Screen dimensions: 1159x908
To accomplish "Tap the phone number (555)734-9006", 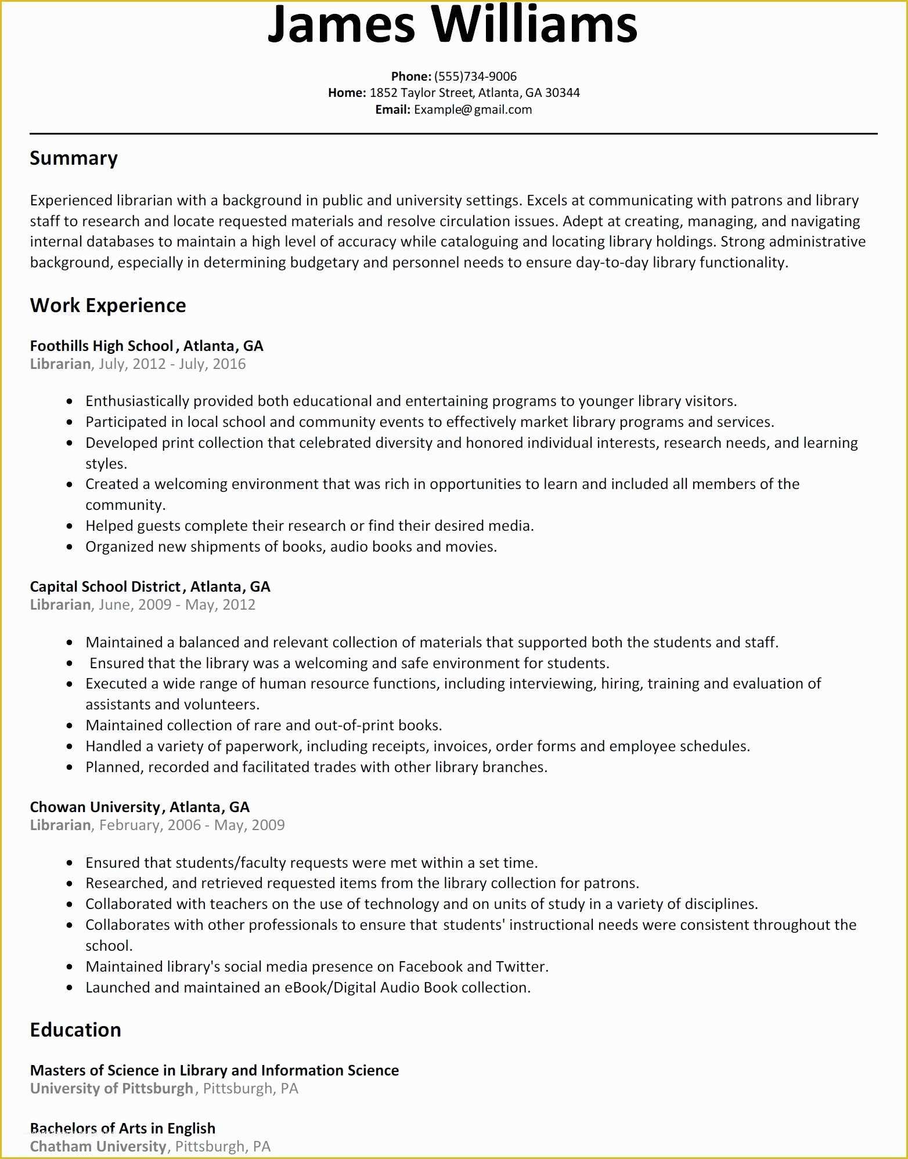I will tap(475, 77).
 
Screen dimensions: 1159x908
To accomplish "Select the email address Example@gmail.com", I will tap(473, 110).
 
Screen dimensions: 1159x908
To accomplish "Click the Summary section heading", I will tap(74, 158).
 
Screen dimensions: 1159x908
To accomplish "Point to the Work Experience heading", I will tap(108, 306).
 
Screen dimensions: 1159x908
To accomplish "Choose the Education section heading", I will tap(75, 1030).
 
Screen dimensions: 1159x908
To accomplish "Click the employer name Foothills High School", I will tap(102, 346).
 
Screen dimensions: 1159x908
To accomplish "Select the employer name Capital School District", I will tap(105, 586).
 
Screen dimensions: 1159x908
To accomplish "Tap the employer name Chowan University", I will tap(95, 807).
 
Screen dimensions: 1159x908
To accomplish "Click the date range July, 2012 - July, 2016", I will tap(172, 364).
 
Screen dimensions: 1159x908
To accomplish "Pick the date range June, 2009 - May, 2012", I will tap(177, 605).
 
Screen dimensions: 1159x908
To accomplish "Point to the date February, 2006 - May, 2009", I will tap(192, 825).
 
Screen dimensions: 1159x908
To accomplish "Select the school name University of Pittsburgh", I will tap(111, 1088).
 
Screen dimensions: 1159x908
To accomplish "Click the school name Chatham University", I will tap(98, 1146).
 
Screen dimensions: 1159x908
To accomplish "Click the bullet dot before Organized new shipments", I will tap(70, 547).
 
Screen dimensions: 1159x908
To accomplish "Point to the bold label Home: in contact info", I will tap(347, 93).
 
